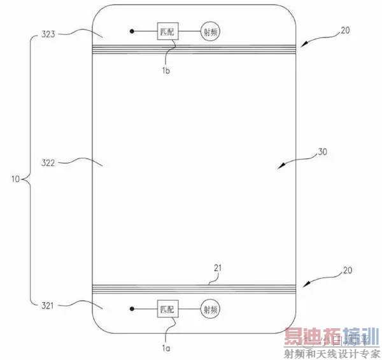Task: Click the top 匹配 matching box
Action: [x=167, y=31]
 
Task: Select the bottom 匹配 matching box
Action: [x=167, y=310]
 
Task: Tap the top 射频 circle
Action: [x=212, y=31]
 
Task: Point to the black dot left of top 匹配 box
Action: [x=132, y=31]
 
